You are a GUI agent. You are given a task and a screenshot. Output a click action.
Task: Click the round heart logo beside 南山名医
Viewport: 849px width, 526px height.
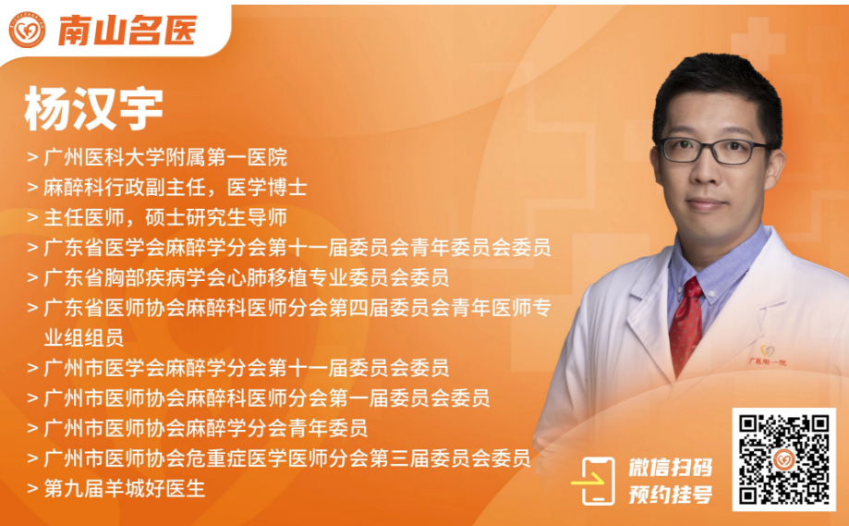point(27,30)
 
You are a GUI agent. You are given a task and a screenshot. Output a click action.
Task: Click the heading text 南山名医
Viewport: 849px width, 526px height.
point(127,31)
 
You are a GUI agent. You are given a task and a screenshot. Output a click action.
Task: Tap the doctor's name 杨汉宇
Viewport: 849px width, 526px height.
point(93,108)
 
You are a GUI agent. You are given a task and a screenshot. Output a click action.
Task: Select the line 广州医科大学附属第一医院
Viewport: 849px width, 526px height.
point(165,158)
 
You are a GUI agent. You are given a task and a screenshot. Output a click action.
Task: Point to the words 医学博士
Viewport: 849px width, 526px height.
point(267,188)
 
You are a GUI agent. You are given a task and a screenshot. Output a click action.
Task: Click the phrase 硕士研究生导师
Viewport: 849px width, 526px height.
point(216,218)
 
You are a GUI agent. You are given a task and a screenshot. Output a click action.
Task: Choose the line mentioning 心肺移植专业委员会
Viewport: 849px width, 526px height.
point(247,278)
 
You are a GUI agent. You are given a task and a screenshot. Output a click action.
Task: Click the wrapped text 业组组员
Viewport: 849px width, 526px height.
point(84,338)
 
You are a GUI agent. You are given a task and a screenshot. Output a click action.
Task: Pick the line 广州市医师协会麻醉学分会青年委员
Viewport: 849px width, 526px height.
point(206,429)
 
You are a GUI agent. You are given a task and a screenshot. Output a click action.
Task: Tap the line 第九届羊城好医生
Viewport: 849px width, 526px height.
point(125,489)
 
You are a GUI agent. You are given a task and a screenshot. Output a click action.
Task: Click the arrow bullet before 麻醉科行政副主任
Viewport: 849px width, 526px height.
point(32,188)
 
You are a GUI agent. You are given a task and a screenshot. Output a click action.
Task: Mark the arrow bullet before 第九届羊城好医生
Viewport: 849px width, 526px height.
point(32,489)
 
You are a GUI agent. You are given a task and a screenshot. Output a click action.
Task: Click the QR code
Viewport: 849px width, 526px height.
point(784,459)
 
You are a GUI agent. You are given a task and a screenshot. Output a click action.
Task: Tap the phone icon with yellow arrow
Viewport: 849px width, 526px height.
point(594,481)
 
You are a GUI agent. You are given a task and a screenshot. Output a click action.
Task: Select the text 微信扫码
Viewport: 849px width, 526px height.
point(671,468)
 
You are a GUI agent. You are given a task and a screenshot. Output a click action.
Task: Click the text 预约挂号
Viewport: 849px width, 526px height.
point(671,495)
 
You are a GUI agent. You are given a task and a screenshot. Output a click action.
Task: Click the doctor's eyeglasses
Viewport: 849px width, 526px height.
point(713,151)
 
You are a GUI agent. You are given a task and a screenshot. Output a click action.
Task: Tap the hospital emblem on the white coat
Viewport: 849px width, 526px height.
point(767,355)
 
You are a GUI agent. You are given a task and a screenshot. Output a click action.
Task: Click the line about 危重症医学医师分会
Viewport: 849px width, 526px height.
point(287,459)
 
